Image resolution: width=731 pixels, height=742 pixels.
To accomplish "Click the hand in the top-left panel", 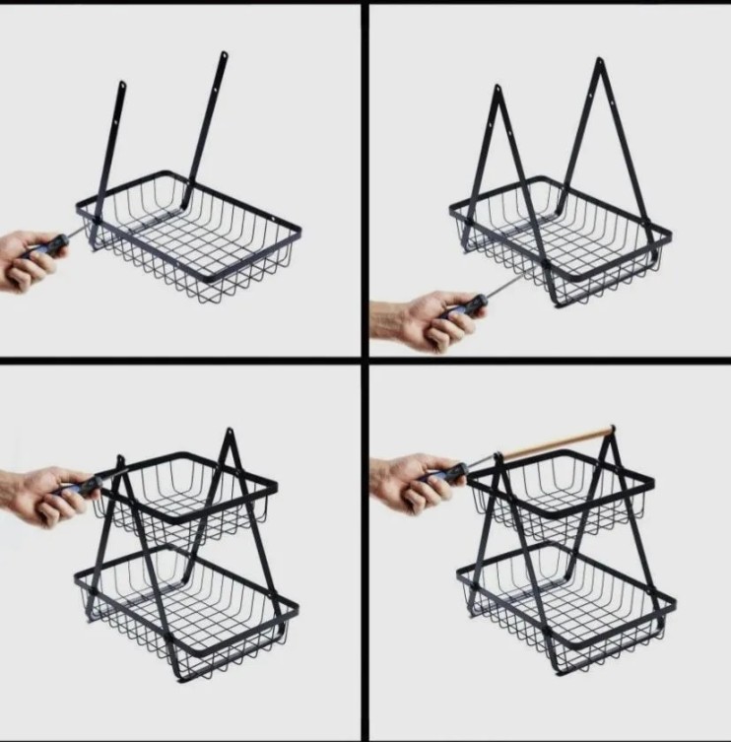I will [x=28, y=260].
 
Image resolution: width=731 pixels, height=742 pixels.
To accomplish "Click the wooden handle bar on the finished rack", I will [x=557, y=442].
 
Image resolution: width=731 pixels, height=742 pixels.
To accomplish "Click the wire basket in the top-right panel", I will [x=562, y=241].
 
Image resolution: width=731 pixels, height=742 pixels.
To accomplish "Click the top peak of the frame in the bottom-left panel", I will [x=229, y=434].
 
